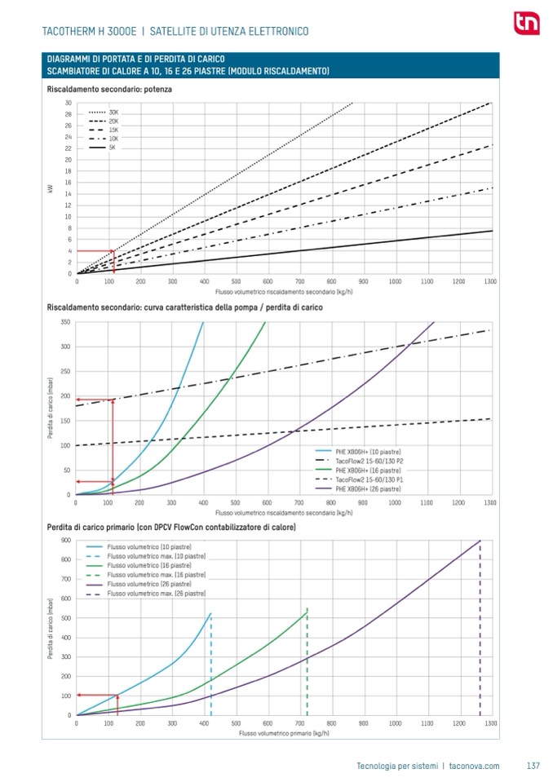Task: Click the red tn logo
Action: pos(522,24)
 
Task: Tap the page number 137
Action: pos(533,766)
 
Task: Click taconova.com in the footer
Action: pos(474,766)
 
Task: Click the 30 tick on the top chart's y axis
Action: pos(69,103)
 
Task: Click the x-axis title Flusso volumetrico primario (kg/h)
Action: pos(283,734)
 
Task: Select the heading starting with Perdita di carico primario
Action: pos(171,528)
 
